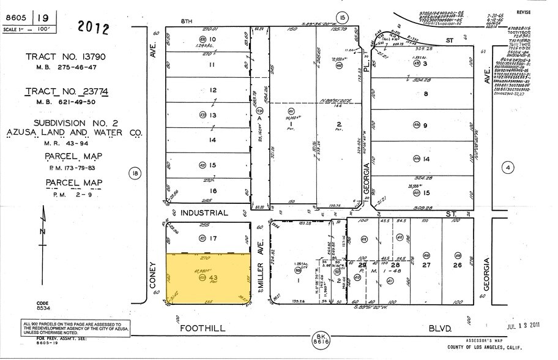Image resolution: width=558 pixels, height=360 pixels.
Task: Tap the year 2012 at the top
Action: [x=93, y=28]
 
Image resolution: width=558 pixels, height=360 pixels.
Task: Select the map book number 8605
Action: [x=15, y=18]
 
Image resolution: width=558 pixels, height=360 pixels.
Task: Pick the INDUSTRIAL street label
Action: [x=204, y=213]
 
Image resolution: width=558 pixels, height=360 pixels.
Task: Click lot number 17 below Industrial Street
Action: [x=213, y=238]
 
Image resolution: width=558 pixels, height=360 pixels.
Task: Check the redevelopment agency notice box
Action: [x=72, y=328]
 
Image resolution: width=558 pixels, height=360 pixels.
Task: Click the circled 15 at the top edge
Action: [x=341, y=17]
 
